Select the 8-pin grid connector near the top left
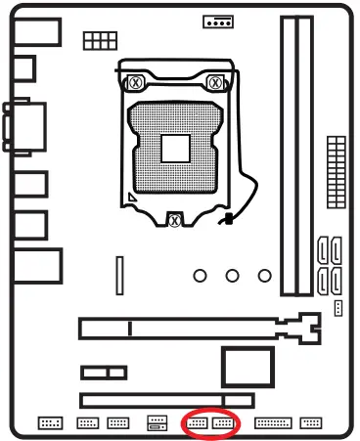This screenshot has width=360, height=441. (97, 40)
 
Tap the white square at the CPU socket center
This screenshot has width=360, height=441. (175, 148)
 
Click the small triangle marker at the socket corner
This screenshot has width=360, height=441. (131, 197)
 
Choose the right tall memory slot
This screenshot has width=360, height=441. (305, 156)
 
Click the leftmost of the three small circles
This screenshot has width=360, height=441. (201, 276)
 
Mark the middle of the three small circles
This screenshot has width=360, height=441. (232, 276)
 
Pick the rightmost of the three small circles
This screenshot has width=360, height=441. (263, 276)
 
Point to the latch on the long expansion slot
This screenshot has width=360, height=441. (309, 330)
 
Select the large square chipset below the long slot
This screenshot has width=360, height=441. (240, 368)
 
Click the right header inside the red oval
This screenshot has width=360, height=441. (225, 423)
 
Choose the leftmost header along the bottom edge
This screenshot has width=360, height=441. (50, 423)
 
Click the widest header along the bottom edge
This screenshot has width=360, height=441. (272, 423)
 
